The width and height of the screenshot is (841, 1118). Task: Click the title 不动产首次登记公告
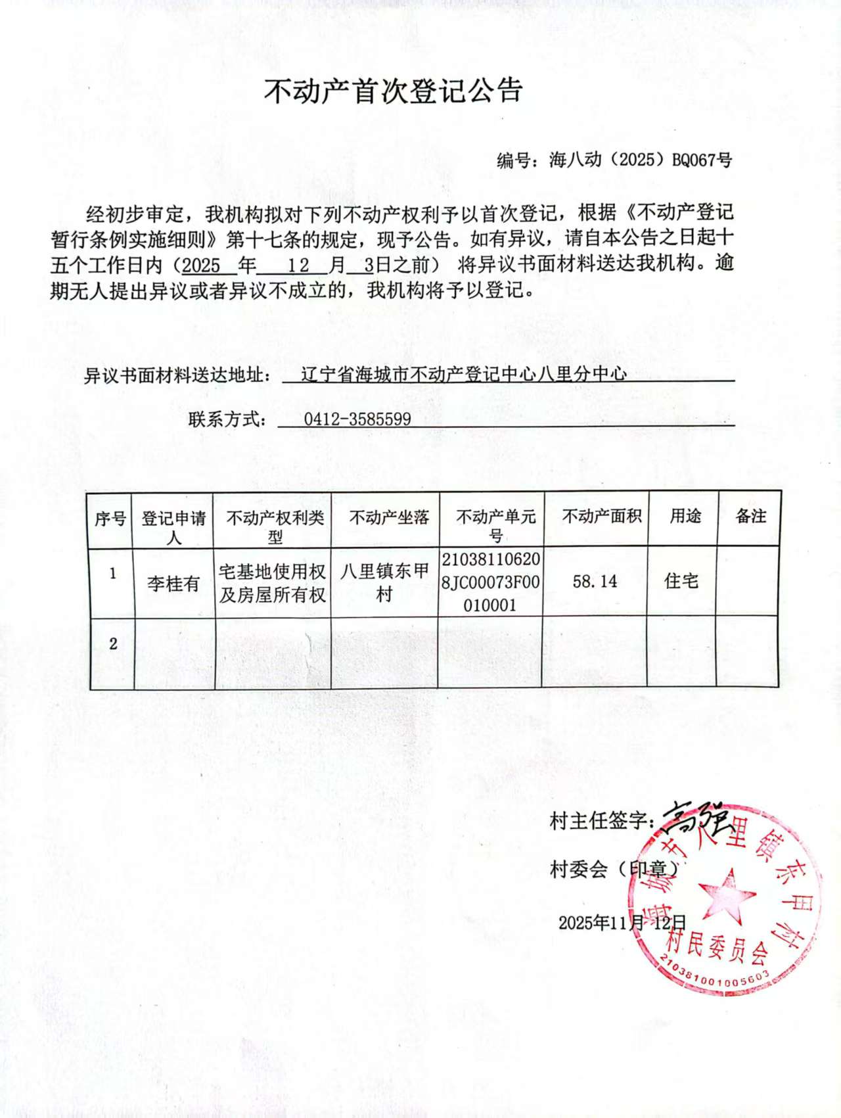tap(393, 91)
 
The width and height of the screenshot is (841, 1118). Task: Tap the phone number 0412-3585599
tap(357, 419)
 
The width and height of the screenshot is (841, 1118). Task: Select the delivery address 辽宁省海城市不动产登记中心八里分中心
tap(463, 374)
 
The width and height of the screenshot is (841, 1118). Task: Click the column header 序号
tap(110, 519)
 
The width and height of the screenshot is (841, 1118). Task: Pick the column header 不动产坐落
tap(389, 518)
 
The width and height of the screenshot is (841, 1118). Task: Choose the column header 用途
tap(685, 517)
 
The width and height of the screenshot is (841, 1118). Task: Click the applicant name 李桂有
tap(173, 583)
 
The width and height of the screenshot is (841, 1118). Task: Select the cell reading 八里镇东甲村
tap(384, 582)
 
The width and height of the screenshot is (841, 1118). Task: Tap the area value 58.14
tap(595, 582)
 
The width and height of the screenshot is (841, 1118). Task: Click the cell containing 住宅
tap(681, 581)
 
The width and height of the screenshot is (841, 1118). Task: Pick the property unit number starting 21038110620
tap(491, 582)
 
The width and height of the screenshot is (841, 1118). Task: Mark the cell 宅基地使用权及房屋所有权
tap(273, 583)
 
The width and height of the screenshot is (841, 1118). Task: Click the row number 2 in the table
tap(113, 643)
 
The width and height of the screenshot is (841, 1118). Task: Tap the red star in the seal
tap(725, 896)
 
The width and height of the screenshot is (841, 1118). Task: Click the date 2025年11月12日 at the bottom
tap(622, 923)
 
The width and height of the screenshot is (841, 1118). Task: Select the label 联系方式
tap(227, 419)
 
